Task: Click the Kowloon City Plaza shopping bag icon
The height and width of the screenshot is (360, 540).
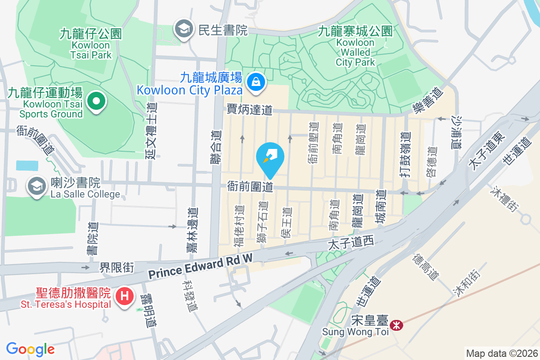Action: tap(256, 82)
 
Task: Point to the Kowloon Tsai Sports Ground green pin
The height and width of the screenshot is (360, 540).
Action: tap(95, 101)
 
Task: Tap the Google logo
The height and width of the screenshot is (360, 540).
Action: tap(30, 349)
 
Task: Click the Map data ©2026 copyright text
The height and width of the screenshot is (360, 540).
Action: tap(501, 353)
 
